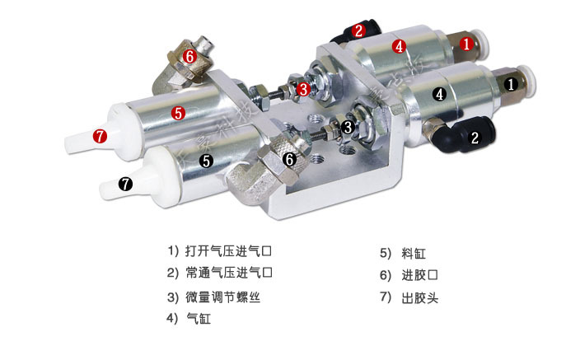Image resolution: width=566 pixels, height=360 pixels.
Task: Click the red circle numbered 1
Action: click(x=466, y=44)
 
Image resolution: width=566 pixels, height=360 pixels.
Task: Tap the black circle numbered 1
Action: click(x=511, y=84)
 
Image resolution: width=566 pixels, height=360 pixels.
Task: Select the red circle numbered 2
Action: click(x=358, y=30)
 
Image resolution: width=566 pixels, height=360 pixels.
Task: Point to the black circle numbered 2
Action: click(x=475, y=138)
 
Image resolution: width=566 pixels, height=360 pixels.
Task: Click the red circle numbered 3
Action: click(x=303, y=89)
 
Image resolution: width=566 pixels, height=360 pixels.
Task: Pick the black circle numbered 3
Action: click(x=348, y=127)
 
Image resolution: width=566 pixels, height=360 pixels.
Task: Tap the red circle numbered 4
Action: click(x=399, y=46)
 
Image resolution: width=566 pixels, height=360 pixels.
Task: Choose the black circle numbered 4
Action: click(x=439, y=94)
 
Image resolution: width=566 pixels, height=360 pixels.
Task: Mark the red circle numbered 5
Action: click(x=178, y=113)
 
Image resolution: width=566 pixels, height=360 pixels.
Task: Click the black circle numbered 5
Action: click(x=207, y=161)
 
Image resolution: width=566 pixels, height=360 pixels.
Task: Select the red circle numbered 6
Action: click(x=189, y=56)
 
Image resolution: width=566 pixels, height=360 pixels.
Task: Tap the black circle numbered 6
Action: click(x=289, y=159)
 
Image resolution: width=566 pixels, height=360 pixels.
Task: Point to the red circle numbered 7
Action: click(x=100, y=136)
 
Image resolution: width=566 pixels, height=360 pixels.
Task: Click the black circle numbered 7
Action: click(x=125, y=185)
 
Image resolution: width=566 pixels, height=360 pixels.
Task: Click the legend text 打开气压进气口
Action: click(x=228, y=250)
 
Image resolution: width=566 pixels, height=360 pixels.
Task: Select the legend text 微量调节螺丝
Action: click(x=222, y=297)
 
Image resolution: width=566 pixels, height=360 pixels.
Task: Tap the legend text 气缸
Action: click(x=199, y=319)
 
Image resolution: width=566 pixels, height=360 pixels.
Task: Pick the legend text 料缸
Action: click(x=414, y=254)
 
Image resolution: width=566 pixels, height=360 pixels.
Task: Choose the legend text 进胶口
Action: click(x=419, y=275)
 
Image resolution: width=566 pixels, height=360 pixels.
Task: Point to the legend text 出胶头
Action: click(x=420, y=298)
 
